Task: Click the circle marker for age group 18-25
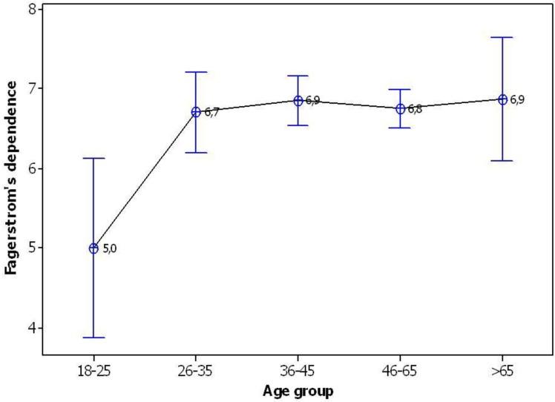tap(93, 248)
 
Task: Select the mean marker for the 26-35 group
tap(196, 112)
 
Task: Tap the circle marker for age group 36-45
tap(298, 101)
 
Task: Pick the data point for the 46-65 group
tap(400, 108)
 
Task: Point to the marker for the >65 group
tap(502, 99)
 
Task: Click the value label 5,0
tap(110, 249)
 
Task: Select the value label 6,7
tap(212, 113)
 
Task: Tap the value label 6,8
tap(416, 109)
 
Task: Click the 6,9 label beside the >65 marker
tap(518, 99)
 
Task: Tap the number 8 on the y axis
tap(31, 9)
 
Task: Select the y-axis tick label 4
tap(31, 328)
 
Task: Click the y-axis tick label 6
tap(31, 168)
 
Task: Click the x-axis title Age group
tap(298, 389)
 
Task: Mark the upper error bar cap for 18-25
tap(93, 158)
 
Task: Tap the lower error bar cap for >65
tap(502, 160)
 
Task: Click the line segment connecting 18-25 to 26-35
tap(145, 180)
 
